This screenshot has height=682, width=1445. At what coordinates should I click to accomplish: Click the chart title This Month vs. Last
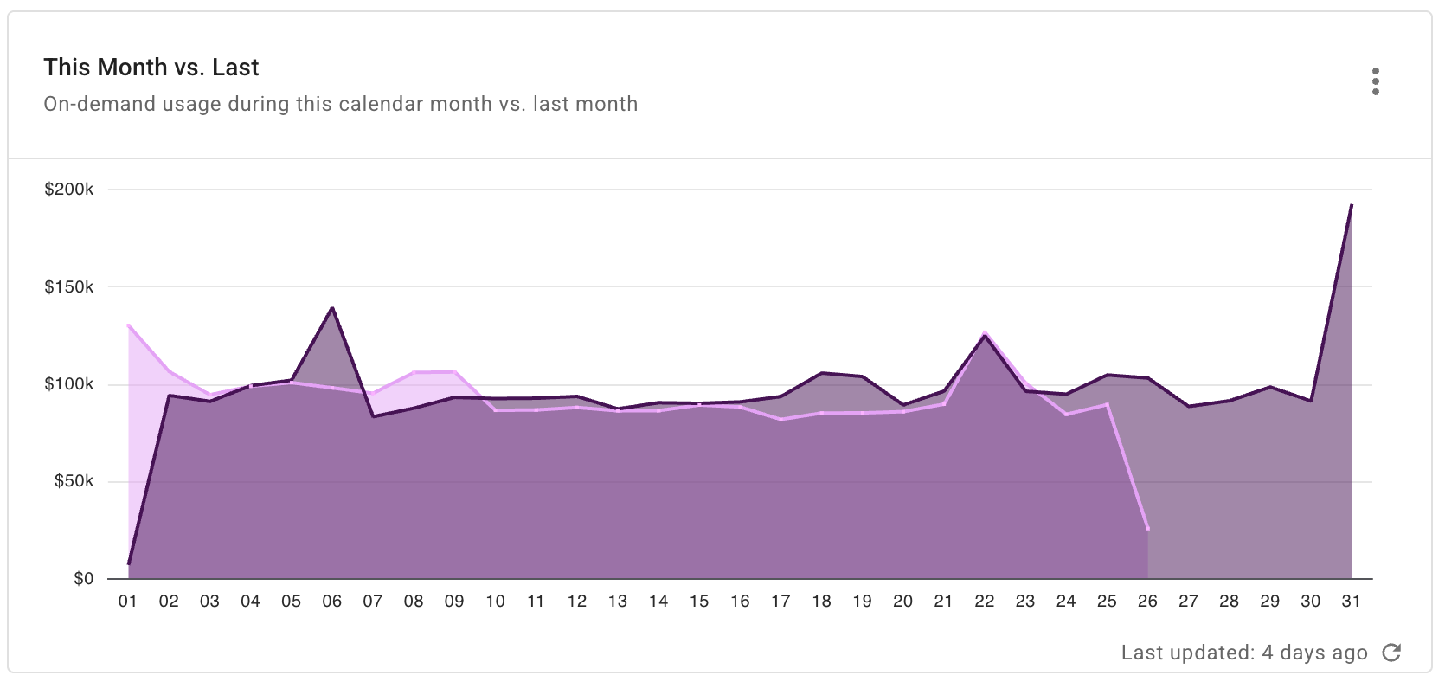[x=151, y=68]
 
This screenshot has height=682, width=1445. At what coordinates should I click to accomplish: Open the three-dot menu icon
[x=1375, y=81]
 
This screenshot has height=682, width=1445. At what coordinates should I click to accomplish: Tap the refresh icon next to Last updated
[x=1391, y=653]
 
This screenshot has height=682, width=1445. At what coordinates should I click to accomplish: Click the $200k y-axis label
[x=69, y=190]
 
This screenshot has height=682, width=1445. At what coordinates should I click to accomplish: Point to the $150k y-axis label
[x=69, y=286]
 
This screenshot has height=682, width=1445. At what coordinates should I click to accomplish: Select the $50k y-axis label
[x=74, y=481]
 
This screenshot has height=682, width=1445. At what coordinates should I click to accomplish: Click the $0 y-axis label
[x=83, y=579]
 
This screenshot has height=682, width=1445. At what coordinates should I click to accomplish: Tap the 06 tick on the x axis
[x=331, y=602]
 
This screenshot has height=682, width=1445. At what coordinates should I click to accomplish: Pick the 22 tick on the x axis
[x=984, y=602]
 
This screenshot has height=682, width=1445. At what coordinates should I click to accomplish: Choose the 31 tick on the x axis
[x=1351, y=602]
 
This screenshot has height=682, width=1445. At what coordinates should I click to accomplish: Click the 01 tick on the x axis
[x=128, y=602]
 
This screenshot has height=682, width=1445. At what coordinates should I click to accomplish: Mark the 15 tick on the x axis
[x=698, y=602]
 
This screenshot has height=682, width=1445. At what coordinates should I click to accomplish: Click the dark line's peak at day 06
[x=332, y=308]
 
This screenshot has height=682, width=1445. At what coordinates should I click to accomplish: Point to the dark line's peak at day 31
[x=1351, y=205]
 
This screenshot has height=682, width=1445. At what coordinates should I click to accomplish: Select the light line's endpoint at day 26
[x=1147, y=529]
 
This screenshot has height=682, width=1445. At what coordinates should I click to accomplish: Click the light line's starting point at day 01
[x=128, y=325]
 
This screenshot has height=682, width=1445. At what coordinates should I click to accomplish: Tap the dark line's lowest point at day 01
[x=128, y=563]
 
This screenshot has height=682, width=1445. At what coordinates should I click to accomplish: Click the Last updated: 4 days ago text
[x=1244, y=653]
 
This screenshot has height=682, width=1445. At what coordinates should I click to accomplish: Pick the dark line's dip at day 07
[x=373, y=416]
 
